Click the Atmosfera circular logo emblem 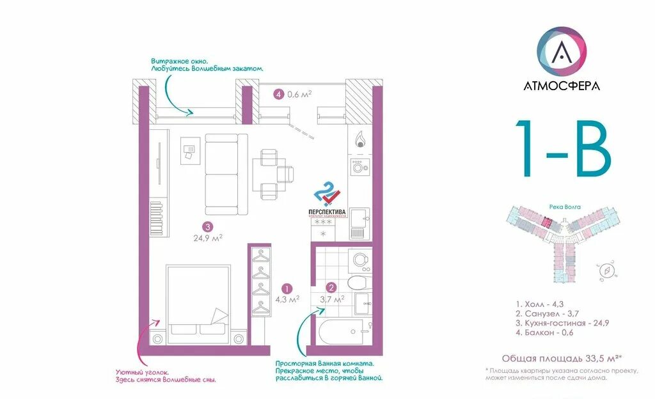[x=562, y=50]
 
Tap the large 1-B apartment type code [x=562, y=148]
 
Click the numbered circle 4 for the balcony [x=278, y=94]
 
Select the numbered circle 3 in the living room [x=207, y=226]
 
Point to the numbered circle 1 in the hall [x=288, y=288]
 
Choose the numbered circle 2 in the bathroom [x=331, y=288]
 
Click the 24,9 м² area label [x=208, y=239]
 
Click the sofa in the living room [x=225, y=174]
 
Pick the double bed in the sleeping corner [x=198, y=301]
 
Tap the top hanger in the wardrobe [x=260, y=256]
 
